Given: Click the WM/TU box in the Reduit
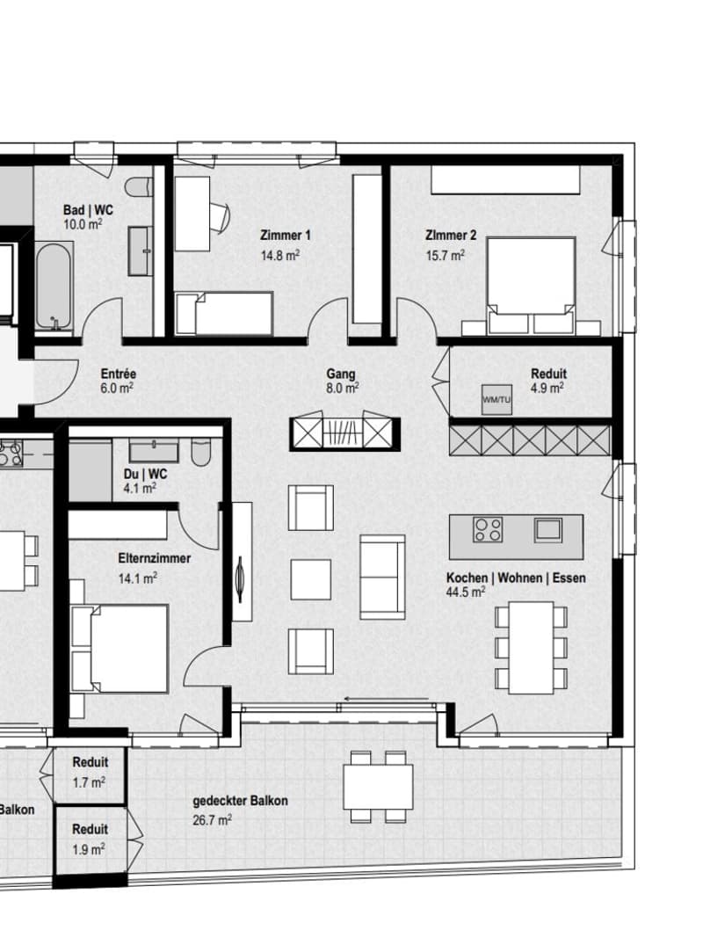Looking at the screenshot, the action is pyautogui.click(x=496, y=399).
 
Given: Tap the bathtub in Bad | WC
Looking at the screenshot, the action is pyautogui.click(x=54, y=287).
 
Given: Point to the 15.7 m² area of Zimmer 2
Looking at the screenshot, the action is pyautogui.click(x=445, y=255).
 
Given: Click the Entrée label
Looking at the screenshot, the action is pyautogui.click(x=119, y=374).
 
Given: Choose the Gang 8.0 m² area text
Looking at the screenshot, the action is pyautogui.click(x=343, y=388).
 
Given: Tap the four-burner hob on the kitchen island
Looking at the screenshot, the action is pyautogui.click(x=488, y=529).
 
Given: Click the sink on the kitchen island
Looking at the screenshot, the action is pyautogui.click(x=548, y=529).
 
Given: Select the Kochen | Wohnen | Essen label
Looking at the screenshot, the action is pyautogui.click(x=516, y=578).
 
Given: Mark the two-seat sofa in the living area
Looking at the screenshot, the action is pyautogui.click(x=382, y=577).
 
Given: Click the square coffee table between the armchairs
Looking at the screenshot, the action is pyautogui.click(x=310, y=579).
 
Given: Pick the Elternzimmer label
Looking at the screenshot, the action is pyautogui.click(x=154, y=558).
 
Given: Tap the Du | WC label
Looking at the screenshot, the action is pyautogui.click(x=144, y=474).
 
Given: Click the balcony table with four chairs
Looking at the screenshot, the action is pyautogui.click(x=378, y=786).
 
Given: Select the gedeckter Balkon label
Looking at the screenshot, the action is pyautogui.click(x=241, y=801).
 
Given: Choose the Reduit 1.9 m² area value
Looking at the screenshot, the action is pyautogui.click(x=89, y=849).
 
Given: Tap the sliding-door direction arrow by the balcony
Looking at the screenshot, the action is pyautogui.click(x=388, y=700).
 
